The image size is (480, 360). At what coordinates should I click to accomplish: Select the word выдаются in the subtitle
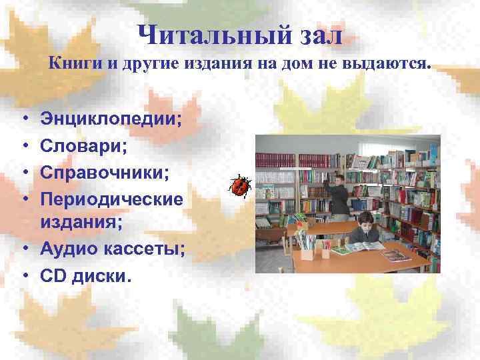(x=395, y=65)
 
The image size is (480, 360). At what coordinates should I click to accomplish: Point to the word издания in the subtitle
(x=205, y=65)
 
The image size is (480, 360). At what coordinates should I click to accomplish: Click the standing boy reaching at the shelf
(x=340, y=193)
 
